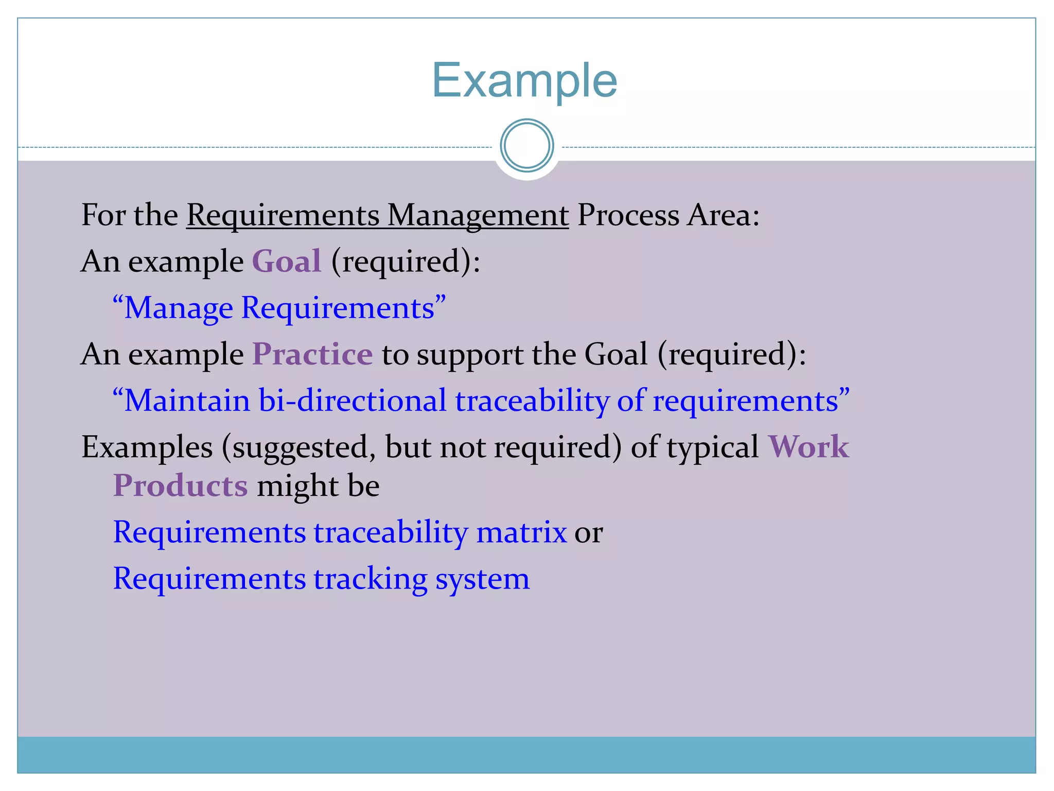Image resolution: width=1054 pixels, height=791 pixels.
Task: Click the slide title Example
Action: click(x=524, y=80)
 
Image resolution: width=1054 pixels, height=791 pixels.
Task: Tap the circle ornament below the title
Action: click(x=526, y=145)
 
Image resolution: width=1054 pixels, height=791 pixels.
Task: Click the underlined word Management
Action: click(x=478, y=215)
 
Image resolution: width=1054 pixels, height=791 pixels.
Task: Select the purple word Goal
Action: click(x=287, y=261)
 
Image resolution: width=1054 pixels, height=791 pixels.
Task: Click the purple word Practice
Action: click(x=312, y=354)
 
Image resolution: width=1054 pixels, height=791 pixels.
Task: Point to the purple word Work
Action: click(x=808, y=446)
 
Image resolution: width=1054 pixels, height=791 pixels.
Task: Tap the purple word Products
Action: click(x=180, y=486)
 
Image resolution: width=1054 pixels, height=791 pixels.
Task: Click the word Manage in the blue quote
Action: click(x=178, y=308)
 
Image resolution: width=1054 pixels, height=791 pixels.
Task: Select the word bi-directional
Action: click(x=352, y=401)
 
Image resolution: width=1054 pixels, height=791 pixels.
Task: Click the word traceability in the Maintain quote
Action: click(x=532, y=401)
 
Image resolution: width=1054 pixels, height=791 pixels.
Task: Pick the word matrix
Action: click(x=521, y=532)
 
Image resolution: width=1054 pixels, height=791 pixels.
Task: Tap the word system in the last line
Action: click(x=482, y=579)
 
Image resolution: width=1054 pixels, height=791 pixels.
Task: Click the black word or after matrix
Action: click(x=589, y=533)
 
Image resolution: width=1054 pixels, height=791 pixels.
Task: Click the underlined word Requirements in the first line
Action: click(x=283, y=215)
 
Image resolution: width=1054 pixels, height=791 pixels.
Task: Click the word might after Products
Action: click(x=297, y=486)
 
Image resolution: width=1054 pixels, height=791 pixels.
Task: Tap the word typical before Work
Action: click(x=713, y=447)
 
